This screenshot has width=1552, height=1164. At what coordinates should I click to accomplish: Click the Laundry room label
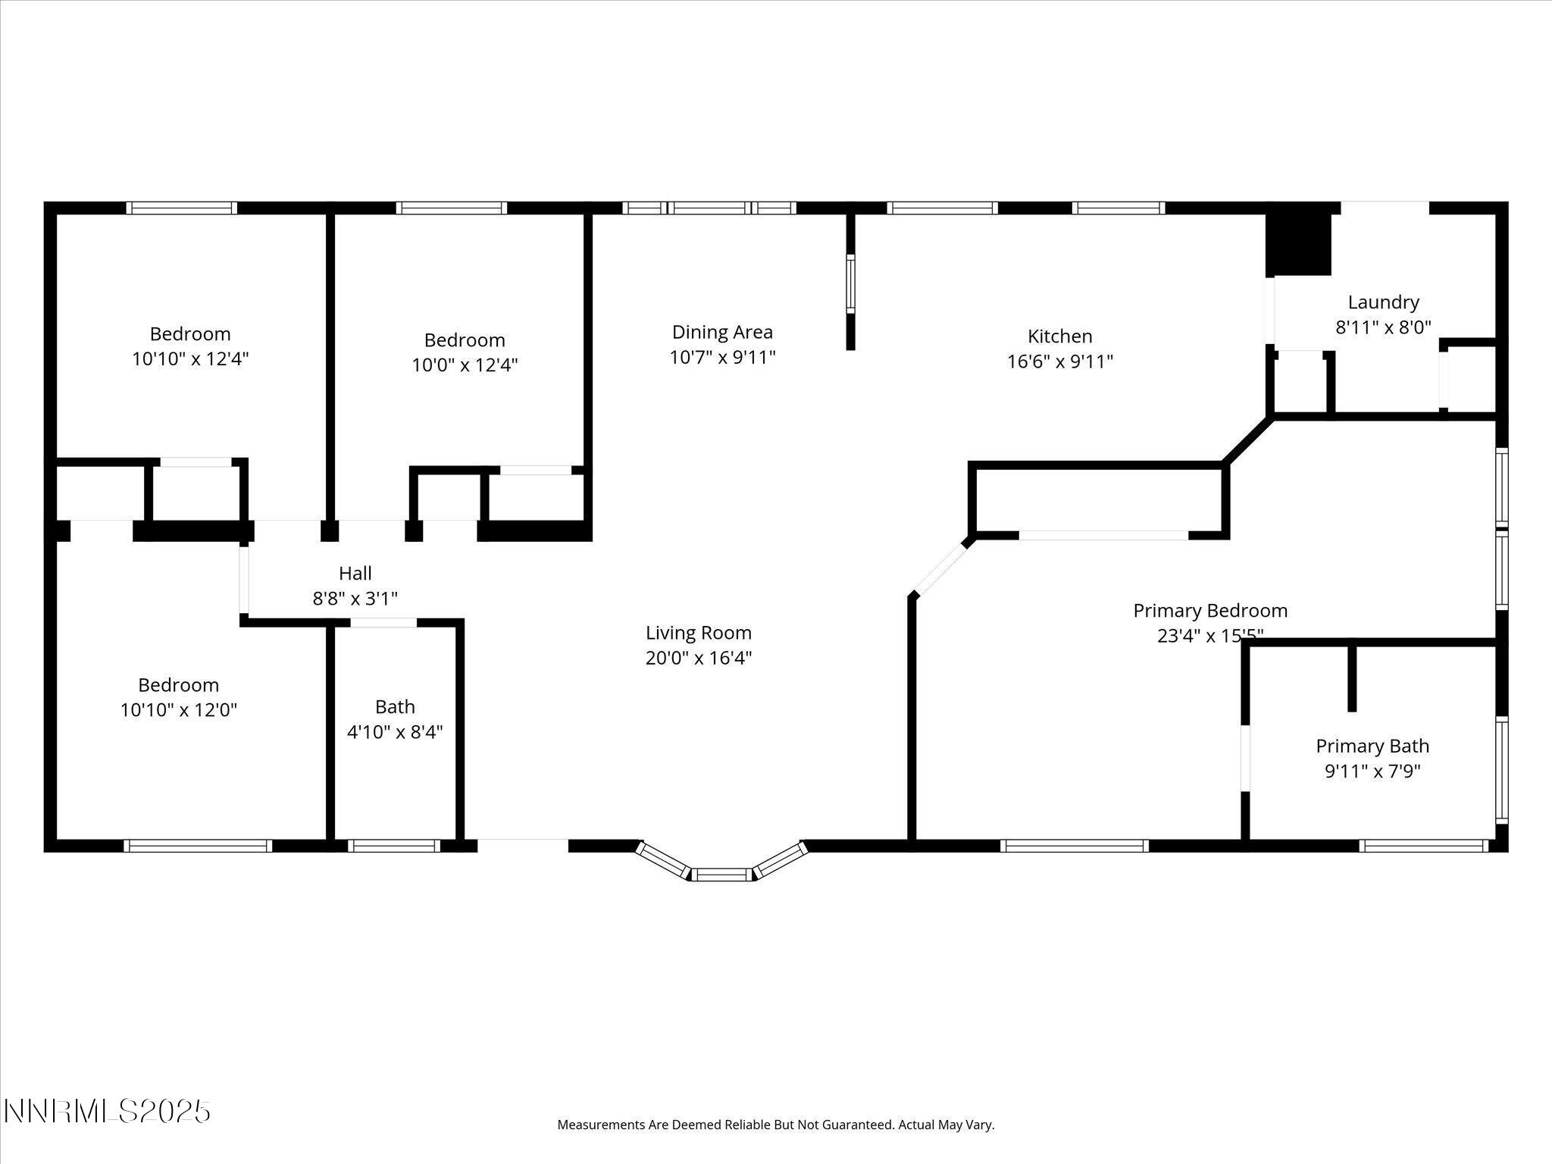coord(1383,302)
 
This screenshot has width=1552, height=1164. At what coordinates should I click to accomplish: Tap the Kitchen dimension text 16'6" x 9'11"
coord(1059,361)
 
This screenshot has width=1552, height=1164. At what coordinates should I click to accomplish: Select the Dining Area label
coord(722,332)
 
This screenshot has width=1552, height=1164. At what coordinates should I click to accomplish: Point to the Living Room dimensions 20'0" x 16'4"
coord(698,658)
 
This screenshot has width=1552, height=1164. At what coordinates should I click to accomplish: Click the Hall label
coord(355,574)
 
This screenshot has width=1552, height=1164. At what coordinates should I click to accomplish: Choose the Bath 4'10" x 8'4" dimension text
coord(395,732)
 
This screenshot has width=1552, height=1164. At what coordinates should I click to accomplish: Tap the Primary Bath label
coord(1372,746)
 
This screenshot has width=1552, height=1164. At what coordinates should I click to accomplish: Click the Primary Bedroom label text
coord(1209,611)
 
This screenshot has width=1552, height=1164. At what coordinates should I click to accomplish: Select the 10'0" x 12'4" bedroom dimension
coord(465,365)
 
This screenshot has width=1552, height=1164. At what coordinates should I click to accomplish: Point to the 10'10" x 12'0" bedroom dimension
coord(179,710)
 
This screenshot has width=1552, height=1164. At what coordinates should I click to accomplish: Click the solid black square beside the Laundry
coord(1299,244)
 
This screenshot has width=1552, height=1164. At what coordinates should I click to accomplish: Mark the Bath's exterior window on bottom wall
coord(394,846)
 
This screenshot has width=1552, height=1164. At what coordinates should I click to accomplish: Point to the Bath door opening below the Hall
coord(383,623)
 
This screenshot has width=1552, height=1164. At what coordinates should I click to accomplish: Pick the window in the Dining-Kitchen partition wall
coord(850,284)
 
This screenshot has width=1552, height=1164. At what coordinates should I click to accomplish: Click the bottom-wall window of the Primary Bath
coord(1424,846)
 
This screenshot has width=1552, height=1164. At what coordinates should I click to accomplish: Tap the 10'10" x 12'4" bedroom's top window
coord(181,208)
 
